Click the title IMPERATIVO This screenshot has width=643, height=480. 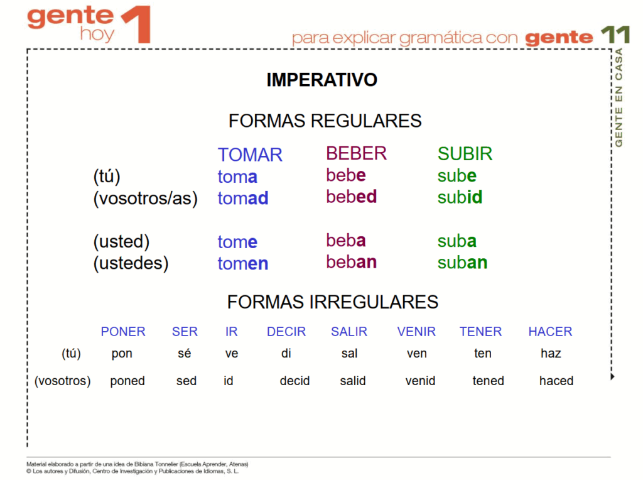click(x=322, y=80)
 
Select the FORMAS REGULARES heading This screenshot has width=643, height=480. click(x=325, y=121)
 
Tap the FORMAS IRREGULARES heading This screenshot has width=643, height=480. click(x=333, y=302)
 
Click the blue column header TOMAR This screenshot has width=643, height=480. click(x=250, y=155)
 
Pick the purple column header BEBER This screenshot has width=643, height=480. click(x=357, y=153)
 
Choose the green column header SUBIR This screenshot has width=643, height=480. click(x=465, y=154)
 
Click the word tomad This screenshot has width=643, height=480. click(x=243, y=198)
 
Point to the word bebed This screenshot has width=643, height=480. click(x=352, y=197)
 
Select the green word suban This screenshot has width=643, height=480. click(x=462, y=263)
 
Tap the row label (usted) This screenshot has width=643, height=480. click(x=121, y=241)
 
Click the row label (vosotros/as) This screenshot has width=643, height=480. click(x=146, y=199)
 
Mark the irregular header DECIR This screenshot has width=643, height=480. click(x=286, y=332)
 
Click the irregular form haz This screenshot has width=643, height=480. click(x=551, y=353)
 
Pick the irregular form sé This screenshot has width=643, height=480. click(x=184, y=353)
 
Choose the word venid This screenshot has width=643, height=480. click(x=420, y=381)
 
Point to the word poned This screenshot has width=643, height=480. click(x=127, y=381)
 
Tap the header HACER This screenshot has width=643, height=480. click(x=550, y=332)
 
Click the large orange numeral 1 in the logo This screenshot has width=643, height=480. click(x=136, y=25)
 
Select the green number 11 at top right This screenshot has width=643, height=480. click(x=615, y=35)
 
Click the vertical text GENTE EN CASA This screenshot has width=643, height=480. click(x=619, y=97)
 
